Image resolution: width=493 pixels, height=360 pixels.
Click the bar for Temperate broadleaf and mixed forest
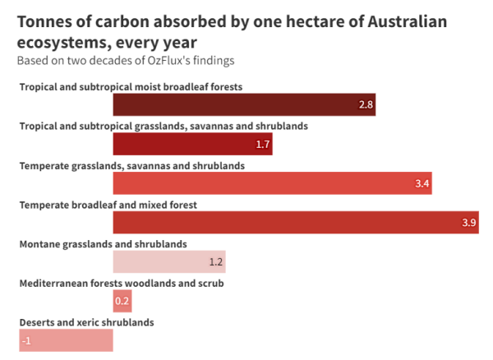click(296, 222)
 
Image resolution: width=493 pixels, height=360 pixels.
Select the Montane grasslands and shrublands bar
click(169, 261)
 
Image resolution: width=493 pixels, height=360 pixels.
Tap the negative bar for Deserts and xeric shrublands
click(66, 340)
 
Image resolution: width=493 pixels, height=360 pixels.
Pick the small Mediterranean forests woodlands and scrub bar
click(122, 301)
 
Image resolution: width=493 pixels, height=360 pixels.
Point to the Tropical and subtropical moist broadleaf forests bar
click(244, 104)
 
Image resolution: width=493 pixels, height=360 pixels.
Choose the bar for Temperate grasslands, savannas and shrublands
click(273, 183)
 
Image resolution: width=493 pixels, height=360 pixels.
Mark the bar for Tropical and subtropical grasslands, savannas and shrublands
click(193, 144)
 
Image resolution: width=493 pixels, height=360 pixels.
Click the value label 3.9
click(469, 223)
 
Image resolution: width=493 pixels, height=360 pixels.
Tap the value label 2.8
click(366, 104)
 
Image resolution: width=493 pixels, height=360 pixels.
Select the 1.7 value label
click(263, 145)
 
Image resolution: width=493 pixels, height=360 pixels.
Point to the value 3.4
click(422, 183)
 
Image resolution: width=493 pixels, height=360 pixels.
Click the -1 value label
click(26, 341)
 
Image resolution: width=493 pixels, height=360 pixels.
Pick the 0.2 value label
click(122, 301)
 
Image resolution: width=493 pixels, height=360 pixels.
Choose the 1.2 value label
click(216, 262)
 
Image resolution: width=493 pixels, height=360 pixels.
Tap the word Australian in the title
click(408, 22)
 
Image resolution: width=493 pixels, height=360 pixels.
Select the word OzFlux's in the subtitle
click(168, 60)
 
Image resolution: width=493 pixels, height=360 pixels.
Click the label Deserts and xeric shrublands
click(87, 322)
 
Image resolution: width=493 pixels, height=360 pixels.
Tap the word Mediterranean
click(53, 284)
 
